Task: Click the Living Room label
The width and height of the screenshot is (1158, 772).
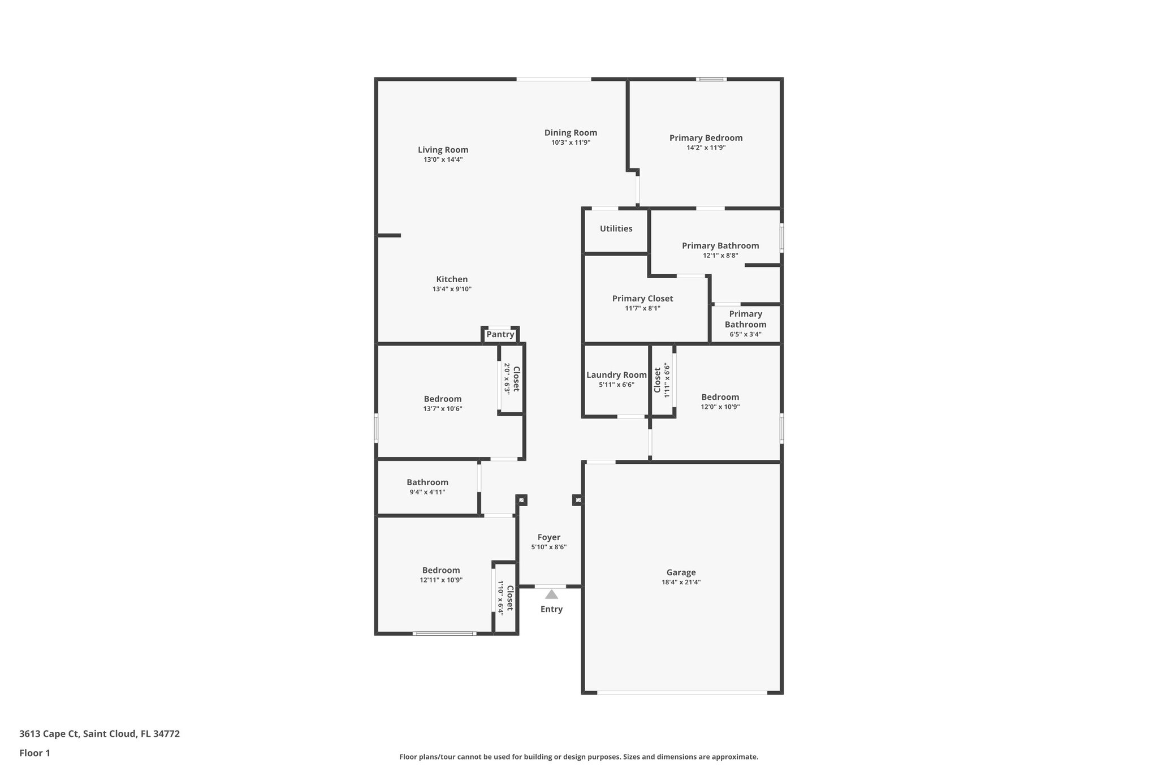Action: pos(443,150)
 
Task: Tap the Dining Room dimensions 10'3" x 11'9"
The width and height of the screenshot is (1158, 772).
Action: pos(571,143)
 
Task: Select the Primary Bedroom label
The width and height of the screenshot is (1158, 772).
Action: pos(706,138)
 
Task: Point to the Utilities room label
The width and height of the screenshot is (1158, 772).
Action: pos(616,228)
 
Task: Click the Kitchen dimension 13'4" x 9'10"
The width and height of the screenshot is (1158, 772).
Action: pos(452,289)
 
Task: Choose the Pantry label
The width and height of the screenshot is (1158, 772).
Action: pos(500,334)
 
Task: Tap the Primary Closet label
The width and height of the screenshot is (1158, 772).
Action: pos(642,299)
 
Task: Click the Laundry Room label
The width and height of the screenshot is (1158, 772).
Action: pos(616,375)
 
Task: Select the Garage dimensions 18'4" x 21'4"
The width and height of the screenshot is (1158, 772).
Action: pos(681,582)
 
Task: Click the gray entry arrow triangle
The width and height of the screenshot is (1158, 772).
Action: pos(551,594)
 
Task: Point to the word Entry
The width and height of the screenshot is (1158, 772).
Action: pos(551,609)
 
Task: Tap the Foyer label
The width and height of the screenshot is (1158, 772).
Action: pos(548,537)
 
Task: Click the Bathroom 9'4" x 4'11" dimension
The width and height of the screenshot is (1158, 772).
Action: pos(427,492)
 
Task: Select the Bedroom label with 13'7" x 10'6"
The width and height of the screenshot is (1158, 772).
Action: pos(442,399)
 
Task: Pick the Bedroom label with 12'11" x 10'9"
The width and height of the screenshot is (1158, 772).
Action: pos(440,570)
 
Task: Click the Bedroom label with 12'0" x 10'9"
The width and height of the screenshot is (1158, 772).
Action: pos(720,397)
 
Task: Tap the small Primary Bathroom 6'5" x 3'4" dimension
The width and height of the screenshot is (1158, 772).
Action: pos(745,334)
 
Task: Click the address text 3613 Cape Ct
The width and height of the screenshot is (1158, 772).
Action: pos(49,734)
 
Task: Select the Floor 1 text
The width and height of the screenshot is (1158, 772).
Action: pos(34,753)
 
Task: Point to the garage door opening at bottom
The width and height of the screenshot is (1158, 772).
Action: pos(682,692)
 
